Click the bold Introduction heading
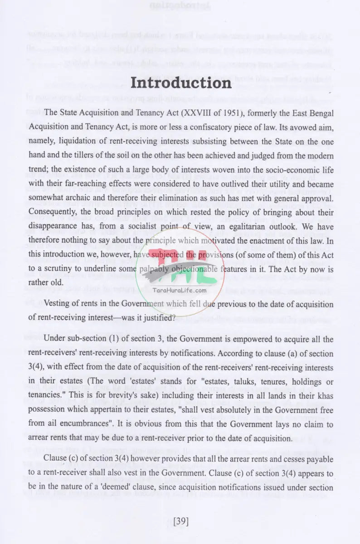coord(180,84)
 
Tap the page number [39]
coord(180,521)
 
